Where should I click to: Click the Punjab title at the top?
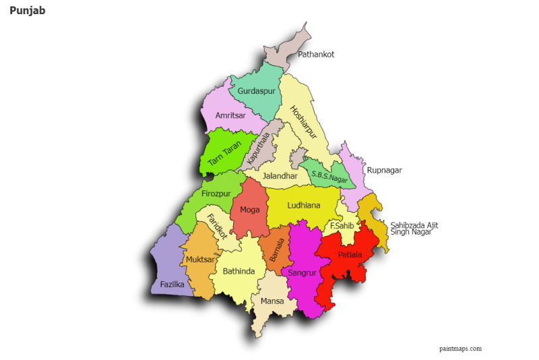pos(28,11)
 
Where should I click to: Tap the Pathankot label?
pos(316,54)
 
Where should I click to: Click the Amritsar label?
pos(230,115)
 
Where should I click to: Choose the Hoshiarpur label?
pos(303,125)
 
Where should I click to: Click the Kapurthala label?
pos(258,149)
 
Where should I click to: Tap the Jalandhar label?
pos(280,176)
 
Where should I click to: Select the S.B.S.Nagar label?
pos(329,177)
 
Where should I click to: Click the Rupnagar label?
pos(384,171)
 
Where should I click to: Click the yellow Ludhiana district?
pos(303,206)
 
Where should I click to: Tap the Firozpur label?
pos(216,194)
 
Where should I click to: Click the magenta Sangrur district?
pos(301,273)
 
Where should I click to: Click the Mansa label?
pos(272,301)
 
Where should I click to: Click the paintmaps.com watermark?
pos(460,349)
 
